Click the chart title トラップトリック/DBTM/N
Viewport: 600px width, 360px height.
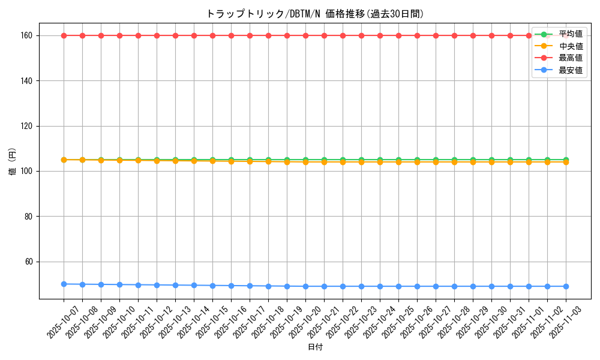[314, 14]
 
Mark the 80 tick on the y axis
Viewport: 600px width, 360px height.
[29, 217]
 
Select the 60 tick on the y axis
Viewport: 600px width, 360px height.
[29, 262]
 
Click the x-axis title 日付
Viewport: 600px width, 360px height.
[315, 347]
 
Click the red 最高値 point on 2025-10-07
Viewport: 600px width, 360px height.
[64, 35]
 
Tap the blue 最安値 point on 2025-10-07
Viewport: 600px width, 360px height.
[64, 284]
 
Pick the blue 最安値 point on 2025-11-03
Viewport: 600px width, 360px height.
[566, 286]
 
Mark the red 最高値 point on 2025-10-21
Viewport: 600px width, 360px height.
[324, 35]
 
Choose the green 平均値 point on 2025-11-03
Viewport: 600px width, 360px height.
[566, 160]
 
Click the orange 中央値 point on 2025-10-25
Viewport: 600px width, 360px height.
[398, 162]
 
